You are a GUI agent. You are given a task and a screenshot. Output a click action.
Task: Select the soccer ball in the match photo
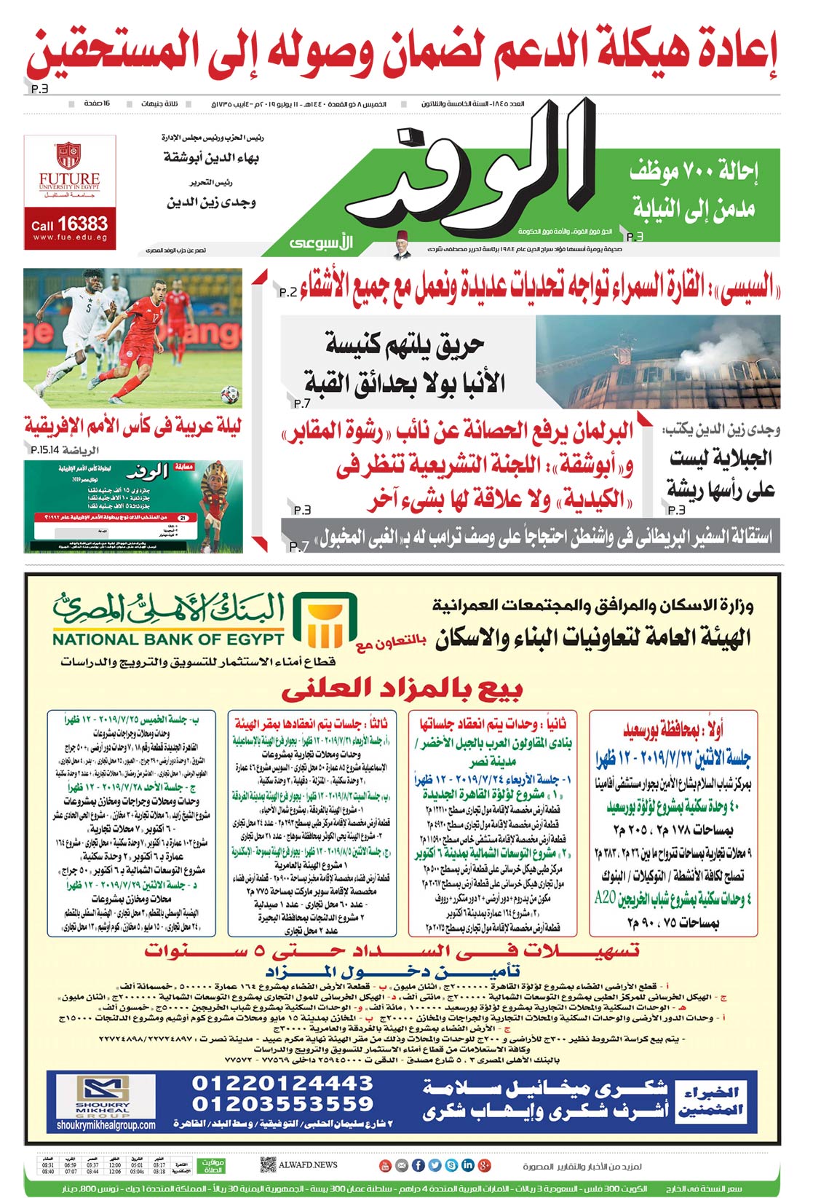point(230,395)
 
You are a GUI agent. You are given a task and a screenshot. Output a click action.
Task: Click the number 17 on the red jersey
point(156,318)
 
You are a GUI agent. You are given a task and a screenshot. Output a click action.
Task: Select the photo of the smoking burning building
point(657,362)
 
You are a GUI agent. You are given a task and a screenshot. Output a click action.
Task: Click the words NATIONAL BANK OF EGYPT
point(168,639)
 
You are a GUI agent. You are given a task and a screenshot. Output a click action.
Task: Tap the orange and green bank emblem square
point(325,620)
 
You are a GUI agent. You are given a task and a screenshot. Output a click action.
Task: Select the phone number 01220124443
point(282,1083)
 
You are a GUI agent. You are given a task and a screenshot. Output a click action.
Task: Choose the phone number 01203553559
point(282,1103)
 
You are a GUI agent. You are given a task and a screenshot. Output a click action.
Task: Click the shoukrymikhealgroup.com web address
point(106,1125)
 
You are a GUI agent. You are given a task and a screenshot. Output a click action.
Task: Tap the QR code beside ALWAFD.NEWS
point(267,1165)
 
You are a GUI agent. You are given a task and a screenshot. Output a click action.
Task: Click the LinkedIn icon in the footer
point(467,1165)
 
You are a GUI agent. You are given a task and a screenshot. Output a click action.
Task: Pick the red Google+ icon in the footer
point(484,1165)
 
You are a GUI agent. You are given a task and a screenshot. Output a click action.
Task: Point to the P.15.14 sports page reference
point(45,450)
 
